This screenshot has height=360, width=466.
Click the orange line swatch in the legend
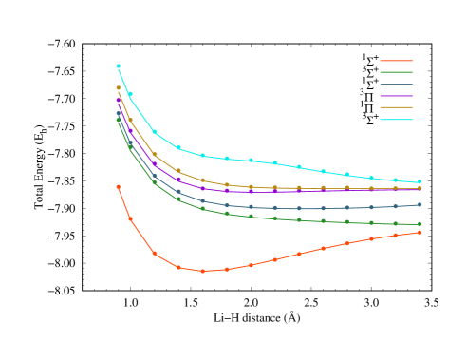click(396, 61)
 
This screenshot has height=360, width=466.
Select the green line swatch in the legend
click(396, 72)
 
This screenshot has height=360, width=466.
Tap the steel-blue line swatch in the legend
click(396, 85)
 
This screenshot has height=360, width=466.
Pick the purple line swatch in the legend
click(396, 96)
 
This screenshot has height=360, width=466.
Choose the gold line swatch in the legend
click(396, 108)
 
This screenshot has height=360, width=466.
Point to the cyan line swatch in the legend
click(396, 120)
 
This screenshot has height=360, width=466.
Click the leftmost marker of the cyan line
click(119, 66)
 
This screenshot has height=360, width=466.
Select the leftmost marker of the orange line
click(119, 187)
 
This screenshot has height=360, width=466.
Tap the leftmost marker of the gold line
click(119, 88)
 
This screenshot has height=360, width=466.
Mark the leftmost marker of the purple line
click(119, 100)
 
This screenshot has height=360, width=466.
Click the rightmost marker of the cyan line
click(419, 181)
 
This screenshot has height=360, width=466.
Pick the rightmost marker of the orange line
click(419, 233)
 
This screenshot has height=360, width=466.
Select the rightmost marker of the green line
click(419, 224)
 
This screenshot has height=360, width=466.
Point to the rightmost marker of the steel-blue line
click(419, 204)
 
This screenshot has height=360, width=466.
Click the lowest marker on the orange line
click(202, 271)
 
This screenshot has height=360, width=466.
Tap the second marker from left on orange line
click(131, 219)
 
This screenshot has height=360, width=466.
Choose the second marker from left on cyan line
click(131, 94)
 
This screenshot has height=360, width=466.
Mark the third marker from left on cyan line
click(155, 131)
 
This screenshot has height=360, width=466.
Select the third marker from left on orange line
click(155, 254)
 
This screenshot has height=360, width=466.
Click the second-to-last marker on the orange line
click(395, 236)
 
